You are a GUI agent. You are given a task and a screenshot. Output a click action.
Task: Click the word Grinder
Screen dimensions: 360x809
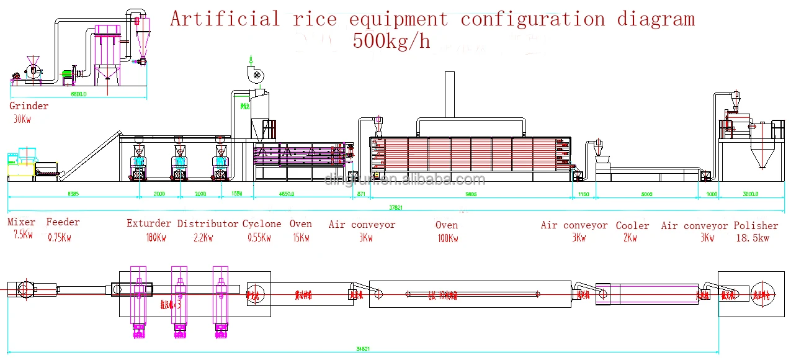[29, 106]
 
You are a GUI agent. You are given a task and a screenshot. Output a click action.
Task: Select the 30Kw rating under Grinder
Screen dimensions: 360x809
[22, 119]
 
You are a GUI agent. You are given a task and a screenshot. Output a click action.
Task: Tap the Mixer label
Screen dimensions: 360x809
[21, 222]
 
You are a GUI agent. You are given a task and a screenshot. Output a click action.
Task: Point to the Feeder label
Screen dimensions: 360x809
[63, 222]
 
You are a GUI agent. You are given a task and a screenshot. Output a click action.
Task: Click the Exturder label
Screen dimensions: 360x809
[149, 223]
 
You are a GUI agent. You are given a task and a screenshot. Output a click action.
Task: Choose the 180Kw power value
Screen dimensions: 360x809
[156, 236]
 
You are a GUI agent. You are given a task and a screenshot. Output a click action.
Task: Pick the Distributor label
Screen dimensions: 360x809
[208, 223]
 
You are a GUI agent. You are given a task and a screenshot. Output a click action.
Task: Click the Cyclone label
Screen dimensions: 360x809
[261, 223]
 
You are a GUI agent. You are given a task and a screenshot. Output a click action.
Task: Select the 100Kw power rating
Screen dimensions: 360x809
[447, 238]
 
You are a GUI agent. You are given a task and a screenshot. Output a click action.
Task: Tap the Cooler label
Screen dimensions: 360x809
[632, 226]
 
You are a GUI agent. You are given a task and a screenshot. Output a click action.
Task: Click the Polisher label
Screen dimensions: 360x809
[756, 226]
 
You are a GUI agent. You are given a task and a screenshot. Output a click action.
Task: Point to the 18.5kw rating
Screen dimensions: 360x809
[752, 238]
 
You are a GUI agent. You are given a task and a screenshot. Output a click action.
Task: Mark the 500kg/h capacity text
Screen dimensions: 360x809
[391, 41]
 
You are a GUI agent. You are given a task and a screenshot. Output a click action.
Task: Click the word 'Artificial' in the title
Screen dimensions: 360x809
[225, 19]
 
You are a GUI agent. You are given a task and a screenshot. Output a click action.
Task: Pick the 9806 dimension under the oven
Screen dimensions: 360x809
[471, 194]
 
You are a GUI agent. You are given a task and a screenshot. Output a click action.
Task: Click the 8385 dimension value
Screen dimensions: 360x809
[73, 194]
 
